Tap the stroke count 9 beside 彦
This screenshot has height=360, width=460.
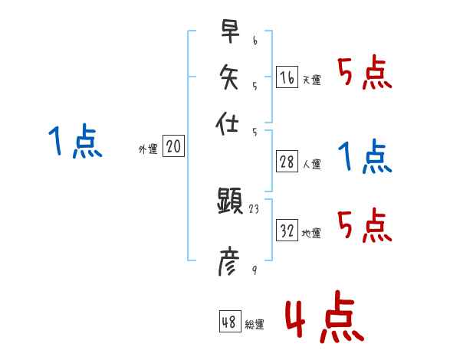coord(254,270)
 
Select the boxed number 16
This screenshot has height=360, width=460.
coord(287,77)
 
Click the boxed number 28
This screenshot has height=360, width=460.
coord(287,162)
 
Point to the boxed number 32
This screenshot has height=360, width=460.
coord(287,231)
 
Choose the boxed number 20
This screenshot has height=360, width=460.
coord(173,147)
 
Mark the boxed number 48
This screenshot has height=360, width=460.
coord(229,322)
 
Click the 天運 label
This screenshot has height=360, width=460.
coord(311,80)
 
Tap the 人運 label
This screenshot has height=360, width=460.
coord(311,164)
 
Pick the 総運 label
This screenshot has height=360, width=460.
coord(255,325)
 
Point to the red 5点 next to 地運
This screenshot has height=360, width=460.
coord(365,226)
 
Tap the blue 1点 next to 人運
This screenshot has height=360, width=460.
coord(365,157)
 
